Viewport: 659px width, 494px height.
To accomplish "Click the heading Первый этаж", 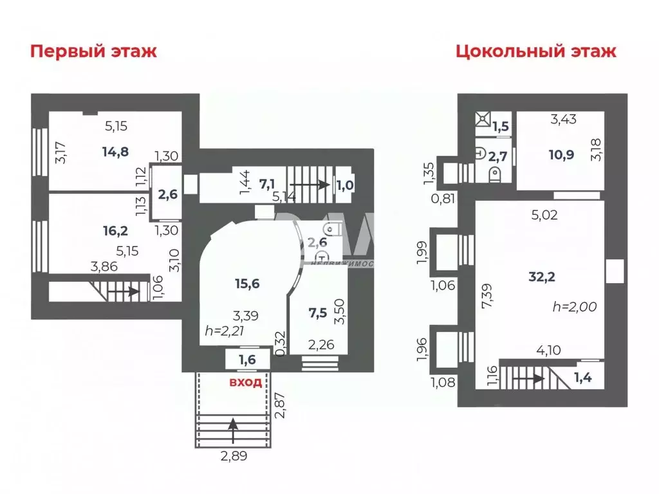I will pyautogui.click(x=93, y=51).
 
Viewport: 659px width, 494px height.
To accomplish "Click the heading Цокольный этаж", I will pyautogui.click(x=536, y=51).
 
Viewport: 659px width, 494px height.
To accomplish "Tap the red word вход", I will pyautogui.click(x=246, y=383).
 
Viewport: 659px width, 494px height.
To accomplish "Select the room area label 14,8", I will pyautogui.click(x=115, y=152).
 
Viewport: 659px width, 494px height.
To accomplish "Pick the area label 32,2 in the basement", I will pyautogui.click(x=543, y=277).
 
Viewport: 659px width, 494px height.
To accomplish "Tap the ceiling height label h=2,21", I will pyautogui.click(x=225, y=331).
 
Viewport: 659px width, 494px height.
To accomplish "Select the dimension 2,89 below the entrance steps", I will pyautogui.click(x=234, y=457).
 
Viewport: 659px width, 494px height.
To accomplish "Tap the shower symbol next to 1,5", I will pyautogui.click(x=483, y=120).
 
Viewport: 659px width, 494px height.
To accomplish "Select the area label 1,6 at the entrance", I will pyautogui.click(x=248, y=360).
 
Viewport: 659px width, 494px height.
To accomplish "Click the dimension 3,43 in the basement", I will pyautogui.click(x=563, y=118).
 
